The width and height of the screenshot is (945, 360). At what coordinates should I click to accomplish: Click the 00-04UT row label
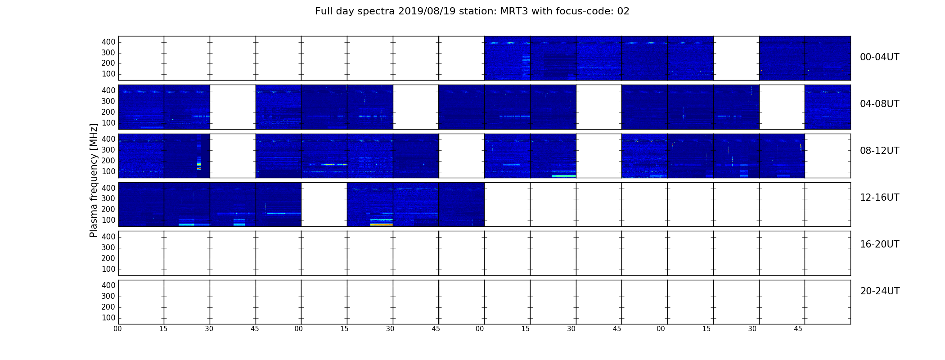coord(879,57)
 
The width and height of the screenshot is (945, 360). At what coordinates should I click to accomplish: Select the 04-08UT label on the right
coord(879,104)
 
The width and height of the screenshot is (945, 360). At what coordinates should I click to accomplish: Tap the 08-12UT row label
coord(879,151)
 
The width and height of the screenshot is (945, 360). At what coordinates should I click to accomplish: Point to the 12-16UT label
coord(879,198)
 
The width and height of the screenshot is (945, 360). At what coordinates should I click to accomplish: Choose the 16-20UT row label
coord(879,244)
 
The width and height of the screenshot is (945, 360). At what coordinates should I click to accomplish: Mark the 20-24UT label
coord(880,291)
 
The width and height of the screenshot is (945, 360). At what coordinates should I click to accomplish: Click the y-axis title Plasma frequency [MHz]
coord(94,180)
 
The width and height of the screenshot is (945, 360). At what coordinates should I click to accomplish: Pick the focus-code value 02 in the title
coord(623,11)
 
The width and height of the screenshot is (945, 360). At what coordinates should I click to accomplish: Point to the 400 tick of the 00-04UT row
coord(108,42)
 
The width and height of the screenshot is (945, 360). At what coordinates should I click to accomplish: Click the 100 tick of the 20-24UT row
coord(108,318)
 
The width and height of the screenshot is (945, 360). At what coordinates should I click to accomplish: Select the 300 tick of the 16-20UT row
coord(108,247)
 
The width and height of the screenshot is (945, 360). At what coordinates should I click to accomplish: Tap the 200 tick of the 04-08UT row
coord(108,112)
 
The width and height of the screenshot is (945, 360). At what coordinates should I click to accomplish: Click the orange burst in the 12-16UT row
coord(381,224)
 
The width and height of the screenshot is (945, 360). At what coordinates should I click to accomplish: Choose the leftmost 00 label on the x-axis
coord(117,329)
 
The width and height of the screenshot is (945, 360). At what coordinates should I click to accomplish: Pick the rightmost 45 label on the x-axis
coord(798,329)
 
